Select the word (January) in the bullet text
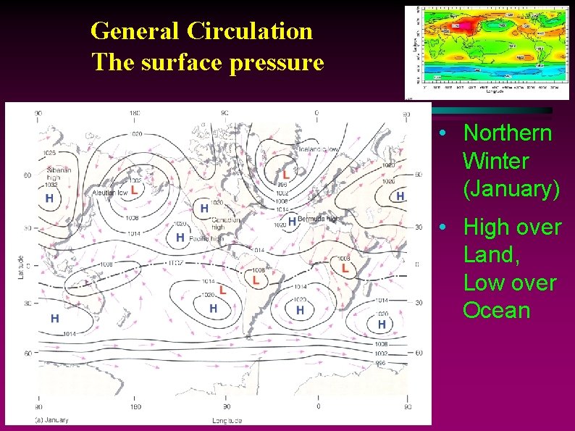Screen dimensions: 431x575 (x=511, y=188)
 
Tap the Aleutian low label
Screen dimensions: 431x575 (x=109, y=193)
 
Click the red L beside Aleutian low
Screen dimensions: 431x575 (x=134, y=188)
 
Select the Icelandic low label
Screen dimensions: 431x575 (x=318, y=149)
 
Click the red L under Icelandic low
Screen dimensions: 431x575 (x=286, y=175)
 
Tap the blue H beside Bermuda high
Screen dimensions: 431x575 (x=292, y=220)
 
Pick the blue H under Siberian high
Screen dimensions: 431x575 (x=49, y=198)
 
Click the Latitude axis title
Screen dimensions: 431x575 (x=21, y=267)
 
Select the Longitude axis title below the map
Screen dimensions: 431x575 (x=227, y=420)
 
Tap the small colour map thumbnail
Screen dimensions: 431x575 (x=487, y=52)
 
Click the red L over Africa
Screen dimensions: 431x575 (x=345, y=268)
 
